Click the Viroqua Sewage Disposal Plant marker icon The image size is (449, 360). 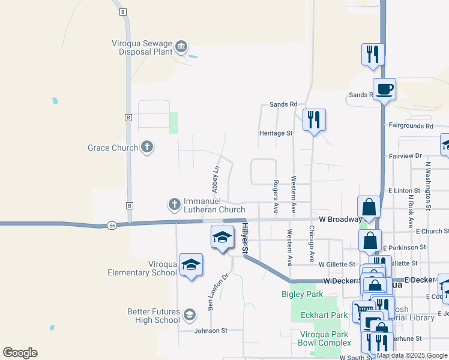[181, 46]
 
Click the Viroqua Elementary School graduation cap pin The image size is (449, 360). [191, 265]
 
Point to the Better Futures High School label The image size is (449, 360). [153, 316]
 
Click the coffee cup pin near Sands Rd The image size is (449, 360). [384, 90]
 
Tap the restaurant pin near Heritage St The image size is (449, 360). [313, 120]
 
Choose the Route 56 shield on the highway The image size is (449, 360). [112, 225]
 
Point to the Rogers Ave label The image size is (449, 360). [276, 196]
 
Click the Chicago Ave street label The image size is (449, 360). [312, 244]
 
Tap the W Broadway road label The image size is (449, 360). [340, 219]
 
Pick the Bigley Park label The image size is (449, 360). [302, 294]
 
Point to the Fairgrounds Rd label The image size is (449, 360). [411, 126]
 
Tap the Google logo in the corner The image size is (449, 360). [20, 353]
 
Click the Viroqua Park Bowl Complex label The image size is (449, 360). [324, 338]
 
